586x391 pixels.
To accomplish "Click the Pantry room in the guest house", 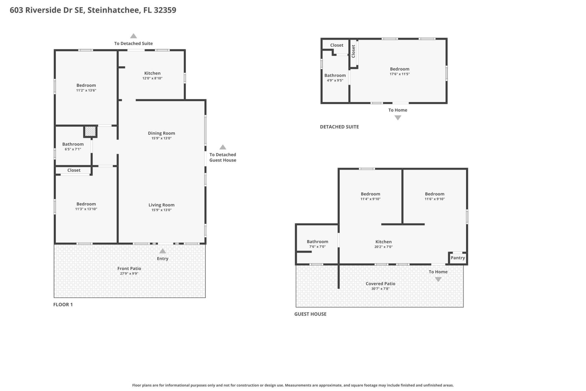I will click(458, 258).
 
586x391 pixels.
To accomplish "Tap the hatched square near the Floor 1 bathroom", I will click(90, 132).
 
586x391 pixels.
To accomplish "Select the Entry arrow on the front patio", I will click(163, 251).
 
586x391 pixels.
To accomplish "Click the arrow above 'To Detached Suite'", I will click(133, 36).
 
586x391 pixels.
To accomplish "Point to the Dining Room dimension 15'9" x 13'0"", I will click(161, 138).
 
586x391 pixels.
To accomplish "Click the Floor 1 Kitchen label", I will click(152, 73).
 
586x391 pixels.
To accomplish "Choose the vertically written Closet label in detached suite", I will click(353, 51).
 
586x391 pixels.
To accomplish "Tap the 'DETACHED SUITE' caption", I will click(339, 127).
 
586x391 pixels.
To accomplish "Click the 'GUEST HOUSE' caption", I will click(310, 314).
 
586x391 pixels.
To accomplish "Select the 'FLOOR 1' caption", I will click(63, 305).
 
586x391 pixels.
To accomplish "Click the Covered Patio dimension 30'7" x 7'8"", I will click(380, 289).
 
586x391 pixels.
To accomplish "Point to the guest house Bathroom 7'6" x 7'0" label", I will click(317, 242).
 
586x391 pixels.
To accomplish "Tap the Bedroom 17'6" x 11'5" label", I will click(400, 69).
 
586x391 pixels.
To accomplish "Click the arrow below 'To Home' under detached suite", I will click(398, 118).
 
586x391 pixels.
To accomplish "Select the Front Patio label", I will click(129, 269).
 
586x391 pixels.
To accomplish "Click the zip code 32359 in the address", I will click(165, 10).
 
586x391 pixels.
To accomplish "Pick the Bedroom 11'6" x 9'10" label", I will click(435, 194).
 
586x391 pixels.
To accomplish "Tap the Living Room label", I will click(161, 205).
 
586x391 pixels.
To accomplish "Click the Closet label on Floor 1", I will click(74, 170).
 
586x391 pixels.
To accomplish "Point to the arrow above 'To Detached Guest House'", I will click(223, 147).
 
